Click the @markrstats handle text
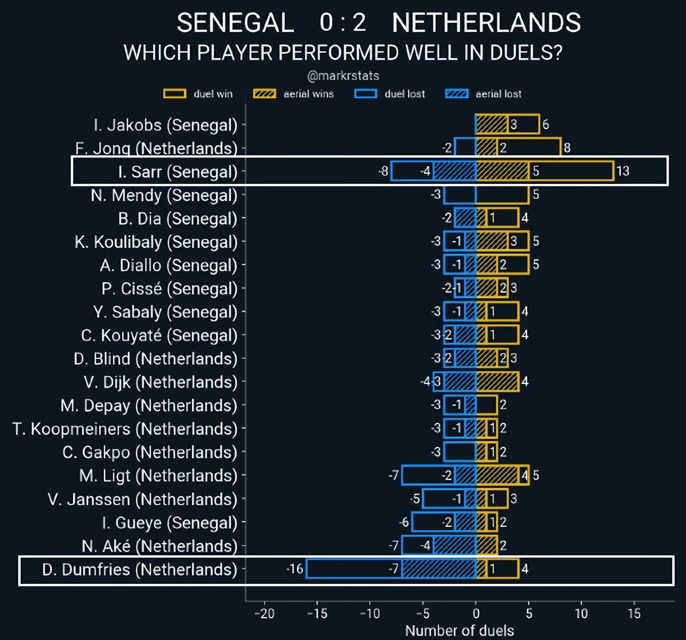(x=343, y=75)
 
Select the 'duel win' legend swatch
(x=174, y=94)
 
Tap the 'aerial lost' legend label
(x=498, y=94)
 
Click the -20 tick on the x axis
(x=264, y=614)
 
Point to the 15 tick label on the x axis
(x=634, y=614)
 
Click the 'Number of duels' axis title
(x=459, y=631)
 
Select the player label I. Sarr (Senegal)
(x=177, y=171)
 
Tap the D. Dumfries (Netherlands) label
(x=139, y=569)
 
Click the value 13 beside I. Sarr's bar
(x=623, y=171)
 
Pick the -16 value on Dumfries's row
(x=295, y=569)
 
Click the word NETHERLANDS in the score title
(x=486, y=23)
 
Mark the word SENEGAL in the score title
(x=235, y=23)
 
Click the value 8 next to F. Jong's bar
(x=567, y=148)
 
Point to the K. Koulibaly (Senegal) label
(x=155, y=242)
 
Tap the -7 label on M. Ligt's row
(x=393, y=475)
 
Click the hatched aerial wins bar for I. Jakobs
(x=492, y=125)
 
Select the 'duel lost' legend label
(x=405, y=94)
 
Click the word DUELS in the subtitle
(x=524, y=53)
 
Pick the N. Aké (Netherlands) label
(x=159, y=546)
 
